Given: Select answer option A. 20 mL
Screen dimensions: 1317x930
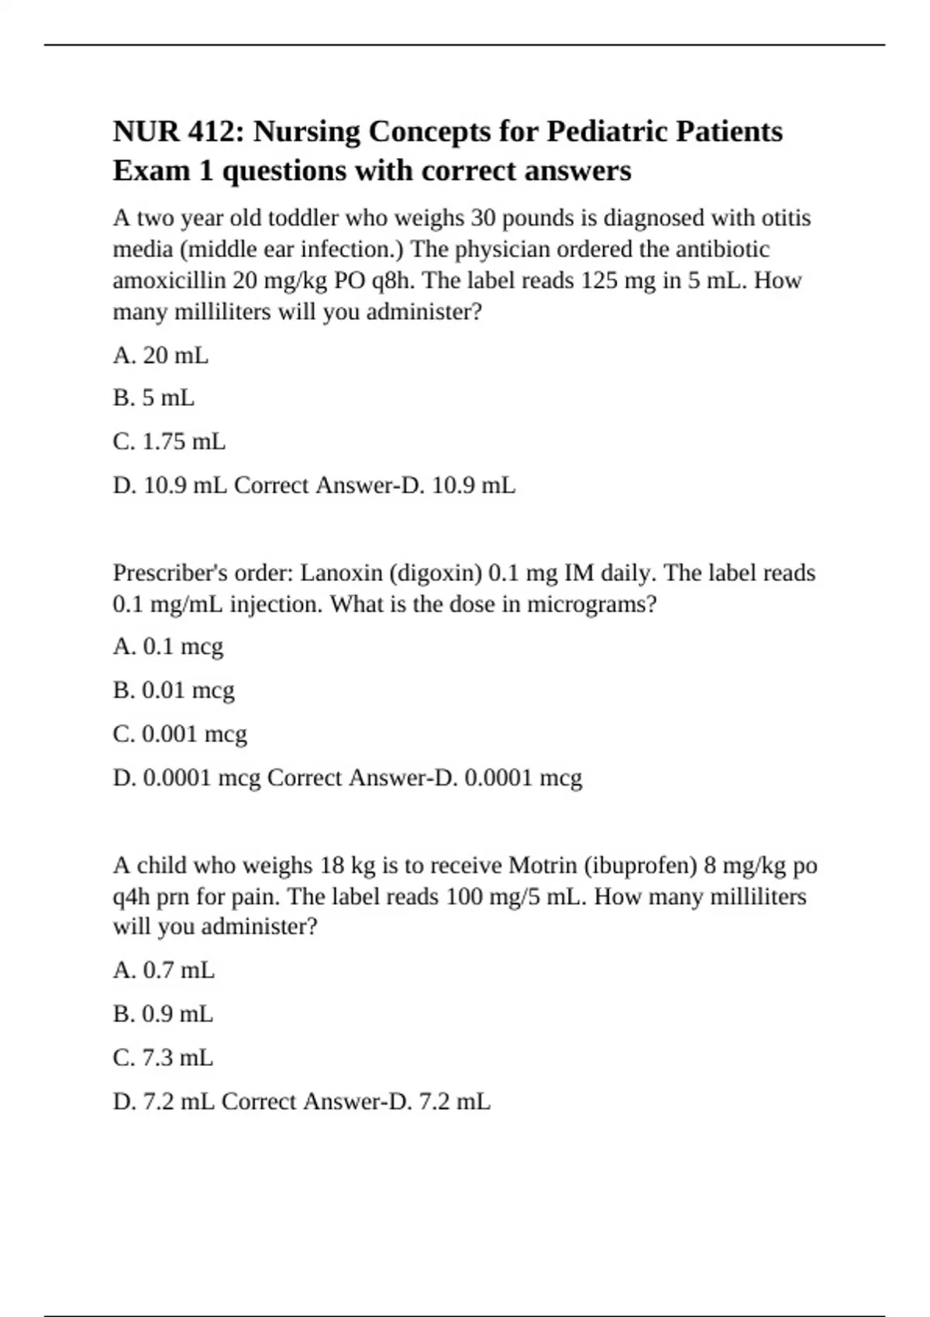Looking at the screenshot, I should coord(160,356).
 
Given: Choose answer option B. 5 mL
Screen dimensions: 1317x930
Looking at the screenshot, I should coord(153,398).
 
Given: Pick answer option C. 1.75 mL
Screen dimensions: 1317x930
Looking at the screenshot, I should coord(169,442).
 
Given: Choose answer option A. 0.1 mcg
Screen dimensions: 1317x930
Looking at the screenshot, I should coord(167,647).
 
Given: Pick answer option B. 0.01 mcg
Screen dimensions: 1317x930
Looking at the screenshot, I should coord(174,690).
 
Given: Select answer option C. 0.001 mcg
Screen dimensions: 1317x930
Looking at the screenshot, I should coord(180,734).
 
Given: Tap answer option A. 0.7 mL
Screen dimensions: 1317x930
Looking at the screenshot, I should coord(164,970).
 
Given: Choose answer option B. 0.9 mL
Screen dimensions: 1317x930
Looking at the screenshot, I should coord(163,1014).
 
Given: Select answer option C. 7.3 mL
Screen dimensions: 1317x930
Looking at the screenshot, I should coord(163,1057).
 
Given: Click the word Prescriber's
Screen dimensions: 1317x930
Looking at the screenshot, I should coord(170,573).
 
